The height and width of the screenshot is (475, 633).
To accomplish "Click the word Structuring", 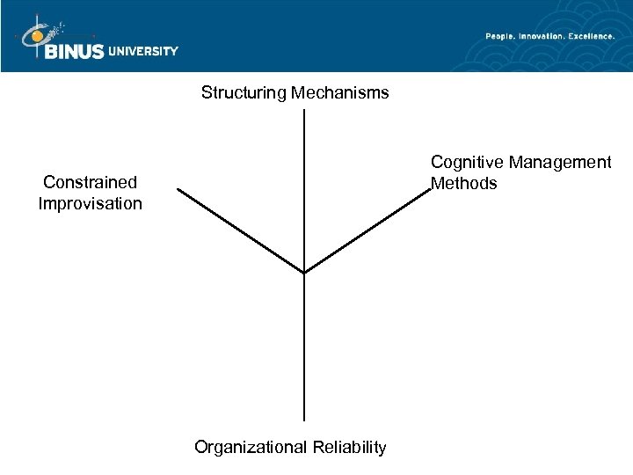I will (243, 92).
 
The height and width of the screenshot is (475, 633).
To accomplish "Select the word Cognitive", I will (466, 163).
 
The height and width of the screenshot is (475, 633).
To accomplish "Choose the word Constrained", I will (91, 183).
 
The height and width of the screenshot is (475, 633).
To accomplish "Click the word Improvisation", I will (91, 204).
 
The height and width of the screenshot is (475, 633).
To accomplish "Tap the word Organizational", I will (250, 448).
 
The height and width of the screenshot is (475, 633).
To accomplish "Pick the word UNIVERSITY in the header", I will (143, 51).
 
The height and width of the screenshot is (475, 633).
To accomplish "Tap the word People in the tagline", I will (502, 36).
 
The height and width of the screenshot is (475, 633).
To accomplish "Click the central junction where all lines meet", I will (303, 273).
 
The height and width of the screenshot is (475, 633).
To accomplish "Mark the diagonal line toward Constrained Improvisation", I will (239, 230).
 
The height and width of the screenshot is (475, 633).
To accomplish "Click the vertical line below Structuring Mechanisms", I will (303, 189).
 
